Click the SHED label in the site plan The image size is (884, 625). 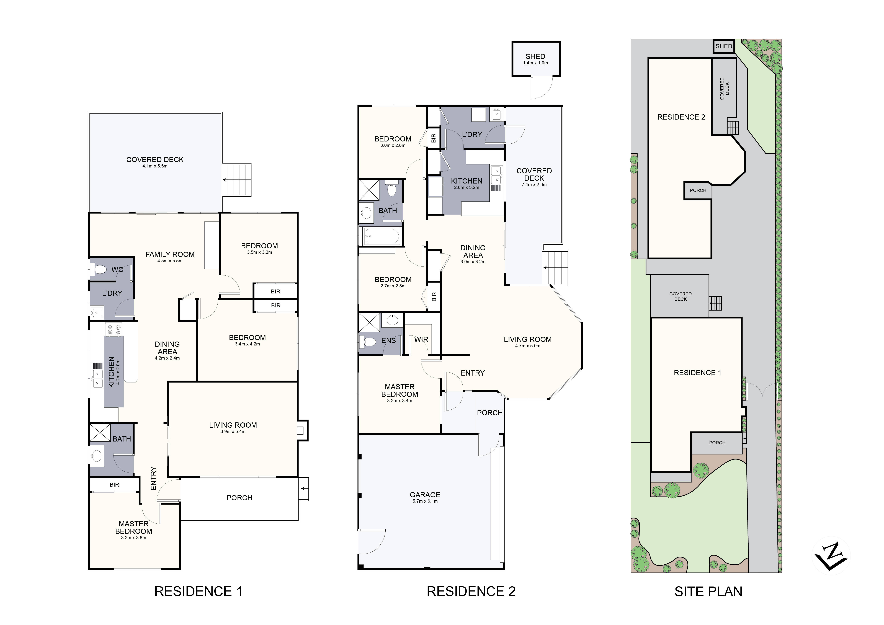(723, 46)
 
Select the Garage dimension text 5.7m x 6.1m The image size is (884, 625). (425, 501)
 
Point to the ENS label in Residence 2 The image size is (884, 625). (388, 341)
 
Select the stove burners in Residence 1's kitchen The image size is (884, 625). (114, 329)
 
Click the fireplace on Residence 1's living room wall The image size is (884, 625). (303, 430)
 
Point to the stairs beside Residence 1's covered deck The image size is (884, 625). (237, 180)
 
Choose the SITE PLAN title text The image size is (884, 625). (708, 592)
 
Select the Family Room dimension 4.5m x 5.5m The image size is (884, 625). (170, 261)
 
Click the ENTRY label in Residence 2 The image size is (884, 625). (472, 373)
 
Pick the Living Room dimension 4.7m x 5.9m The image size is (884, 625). (527, 346)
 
